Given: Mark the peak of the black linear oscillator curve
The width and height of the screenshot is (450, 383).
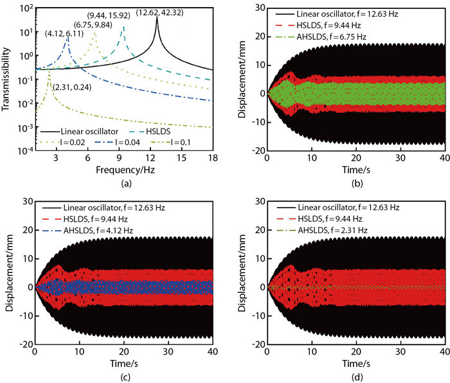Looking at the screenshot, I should pos(157,17).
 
